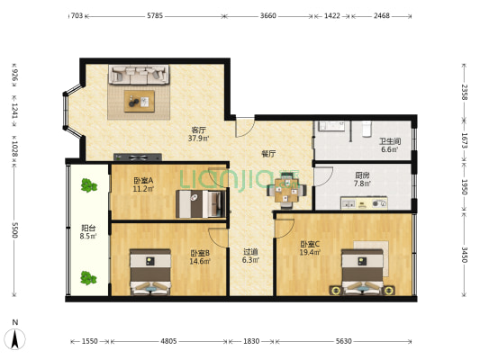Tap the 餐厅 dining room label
click(x=267, y=153)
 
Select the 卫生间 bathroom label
click(x=388, y=141)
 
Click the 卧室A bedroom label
click(x=143, y=180)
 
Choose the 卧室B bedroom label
click(x=199, y=253)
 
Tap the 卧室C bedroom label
click(x=311, y=244)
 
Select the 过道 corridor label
click(x=250, y=253)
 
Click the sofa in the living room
click(x=140, y=76)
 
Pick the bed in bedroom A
click(x=199, y=204)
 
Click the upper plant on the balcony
click(x=87, y=186)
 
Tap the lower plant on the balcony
click(x=87, y=278)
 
